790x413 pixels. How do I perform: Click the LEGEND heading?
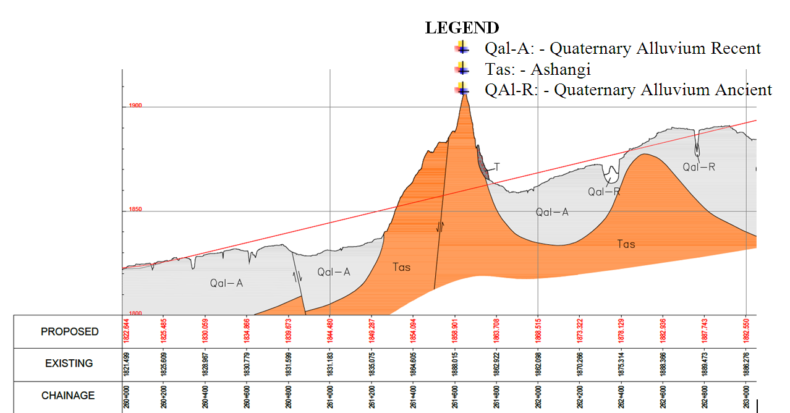tap(462, 28)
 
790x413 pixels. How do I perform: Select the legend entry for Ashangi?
tap(538, 69)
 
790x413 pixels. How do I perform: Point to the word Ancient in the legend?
tap(744, 90)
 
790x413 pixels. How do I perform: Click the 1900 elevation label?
tap(135, 106)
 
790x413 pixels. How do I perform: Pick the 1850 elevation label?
tap(135, 210)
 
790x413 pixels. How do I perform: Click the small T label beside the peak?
tap(496, 167)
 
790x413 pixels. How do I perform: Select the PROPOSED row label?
tap(69, 332)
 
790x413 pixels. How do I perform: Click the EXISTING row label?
tap(69, 364)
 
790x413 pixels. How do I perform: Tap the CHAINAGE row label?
tap(68, 396)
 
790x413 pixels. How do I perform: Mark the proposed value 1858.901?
tap(455, 332)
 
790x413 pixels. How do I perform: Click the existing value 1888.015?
tap(455, 364)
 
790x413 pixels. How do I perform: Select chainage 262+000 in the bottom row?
tap(538, 396)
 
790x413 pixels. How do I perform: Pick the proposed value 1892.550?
tap(746, 332)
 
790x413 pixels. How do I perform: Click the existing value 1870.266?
tap(580, 364)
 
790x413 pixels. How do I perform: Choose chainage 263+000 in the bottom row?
tap(746, 396)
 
